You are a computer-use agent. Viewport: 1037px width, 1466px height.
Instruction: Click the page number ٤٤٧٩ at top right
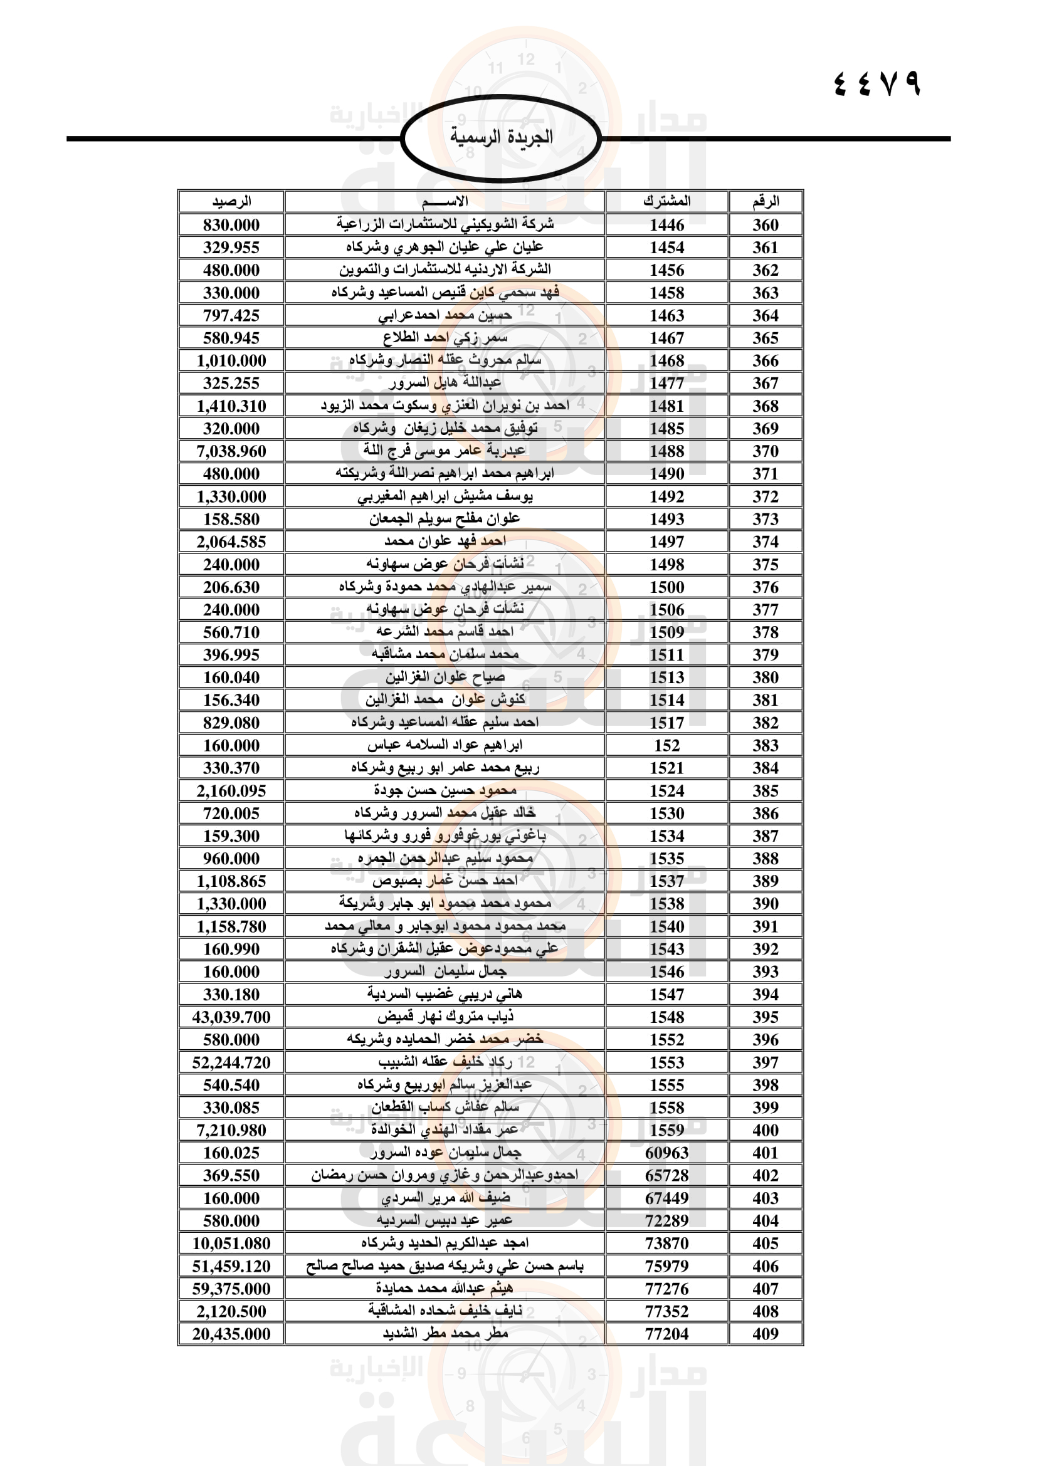point(877,83)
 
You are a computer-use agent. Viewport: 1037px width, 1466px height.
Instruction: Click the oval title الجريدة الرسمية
point(502,137)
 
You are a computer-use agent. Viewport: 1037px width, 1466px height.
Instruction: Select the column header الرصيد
point(231,202)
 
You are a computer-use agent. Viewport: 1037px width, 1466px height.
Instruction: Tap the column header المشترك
point(666,202)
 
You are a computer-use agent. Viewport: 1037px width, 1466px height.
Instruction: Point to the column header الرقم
point(765,202)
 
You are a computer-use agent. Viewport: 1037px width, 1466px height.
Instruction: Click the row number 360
point(765,225)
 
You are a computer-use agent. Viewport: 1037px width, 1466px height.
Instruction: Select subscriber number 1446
point(666,225)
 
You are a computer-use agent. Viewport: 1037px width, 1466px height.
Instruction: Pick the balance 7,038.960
point(231,451)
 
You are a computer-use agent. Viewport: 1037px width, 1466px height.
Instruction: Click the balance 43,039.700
point(231,1017)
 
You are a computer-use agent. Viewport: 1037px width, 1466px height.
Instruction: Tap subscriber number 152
point(666,746)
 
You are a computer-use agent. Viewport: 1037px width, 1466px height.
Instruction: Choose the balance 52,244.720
point(231,1062)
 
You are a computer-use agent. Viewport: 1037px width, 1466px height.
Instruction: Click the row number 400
point(765,1130)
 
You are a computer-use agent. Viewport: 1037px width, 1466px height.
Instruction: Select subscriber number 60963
point(666,1153)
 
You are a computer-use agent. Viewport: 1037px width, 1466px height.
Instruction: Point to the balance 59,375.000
point(231,1289)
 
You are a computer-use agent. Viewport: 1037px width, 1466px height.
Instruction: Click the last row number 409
point(765,1334)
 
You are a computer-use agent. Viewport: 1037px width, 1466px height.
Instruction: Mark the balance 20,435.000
point(231,1334)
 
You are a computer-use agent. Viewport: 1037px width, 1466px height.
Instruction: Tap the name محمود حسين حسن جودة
point(445,790)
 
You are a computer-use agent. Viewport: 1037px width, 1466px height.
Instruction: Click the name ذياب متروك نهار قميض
point(445,1017)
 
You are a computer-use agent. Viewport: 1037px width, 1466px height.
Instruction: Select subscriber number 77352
point(666,1311)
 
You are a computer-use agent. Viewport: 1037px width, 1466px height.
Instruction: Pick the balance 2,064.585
point(231,542)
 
